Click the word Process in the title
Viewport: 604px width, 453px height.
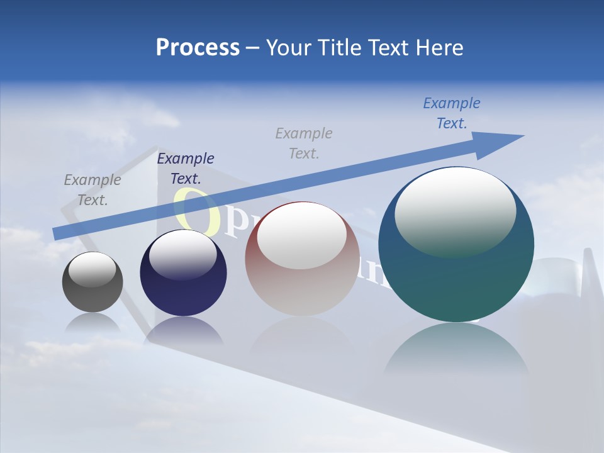pos(198,48)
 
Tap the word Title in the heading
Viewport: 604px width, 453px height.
pos(340,48)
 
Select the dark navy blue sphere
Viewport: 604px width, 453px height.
pos(183,296)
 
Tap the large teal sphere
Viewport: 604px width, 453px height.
pos(456,283)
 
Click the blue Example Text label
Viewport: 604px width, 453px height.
pos(451,113)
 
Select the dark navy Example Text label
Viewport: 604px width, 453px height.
pos(186,168)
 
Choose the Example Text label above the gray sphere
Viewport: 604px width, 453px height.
pos(92,189)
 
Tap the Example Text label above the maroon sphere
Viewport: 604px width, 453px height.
pos(304,143)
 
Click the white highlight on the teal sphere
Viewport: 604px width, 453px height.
pos(456,211)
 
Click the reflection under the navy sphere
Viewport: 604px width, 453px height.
pos(183,330)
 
